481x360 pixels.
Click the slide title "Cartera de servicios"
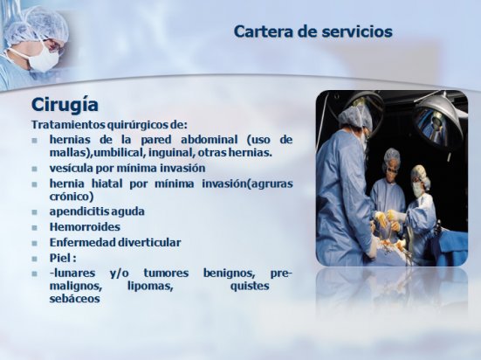313,31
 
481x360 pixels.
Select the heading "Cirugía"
65,105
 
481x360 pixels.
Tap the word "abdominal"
210,140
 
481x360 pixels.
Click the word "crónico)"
72,197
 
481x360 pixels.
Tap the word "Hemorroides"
85,227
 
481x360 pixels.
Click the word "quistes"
250,286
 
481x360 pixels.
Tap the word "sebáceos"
74,299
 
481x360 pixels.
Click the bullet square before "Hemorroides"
34,227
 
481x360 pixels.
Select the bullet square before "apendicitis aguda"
34,212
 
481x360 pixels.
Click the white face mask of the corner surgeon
43,59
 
